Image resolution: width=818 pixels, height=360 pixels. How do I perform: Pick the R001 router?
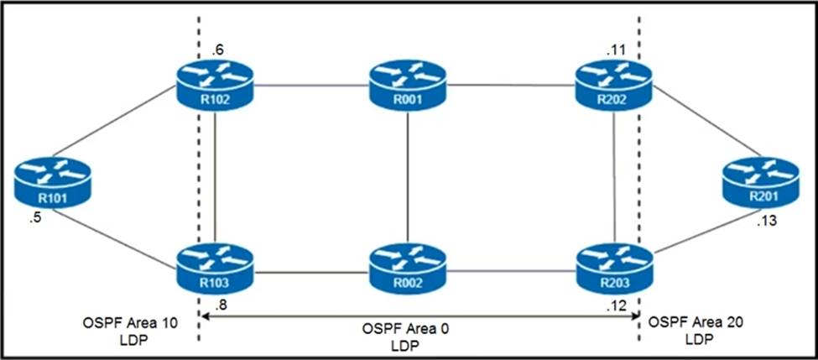click(407, 86)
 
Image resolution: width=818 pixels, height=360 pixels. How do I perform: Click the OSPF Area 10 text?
click(119, 322)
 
